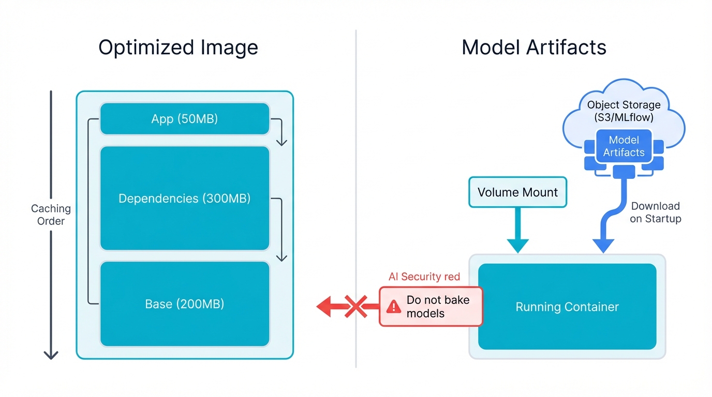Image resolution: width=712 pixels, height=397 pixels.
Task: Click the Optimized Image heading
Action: pos(178,48)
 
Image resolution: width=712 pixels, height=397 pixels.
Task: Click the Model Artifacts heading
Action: pos(533,48)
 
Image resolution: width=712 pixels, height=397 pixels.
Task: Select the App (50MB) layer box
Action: pos(184,119)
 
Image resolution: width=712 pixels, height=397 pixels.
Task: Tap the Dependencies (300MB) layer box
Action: pos(184,198)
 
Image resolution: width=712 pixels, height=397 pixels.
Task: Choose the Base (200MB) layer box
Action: pos(184,304)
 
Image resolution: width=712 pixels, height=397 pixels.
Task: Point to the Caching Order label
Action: pos(51,215)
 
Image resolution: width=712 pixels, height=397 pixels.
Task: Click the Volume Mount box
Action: pos(517,192)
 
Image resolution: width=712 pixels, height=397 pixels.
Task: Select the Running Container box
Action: pos(567,307)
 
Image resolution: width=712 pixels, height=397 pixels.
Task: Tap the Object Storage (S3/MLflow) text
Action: pos(624,111)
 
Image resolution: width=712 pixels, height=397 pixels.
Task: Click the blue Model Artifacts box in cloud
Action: pos(624,146)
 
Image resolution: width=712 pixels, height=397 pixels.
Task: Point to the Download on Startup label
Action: pos(655,212)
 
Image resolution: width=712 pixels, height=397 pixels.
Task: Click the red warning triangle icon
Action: pos(394,307)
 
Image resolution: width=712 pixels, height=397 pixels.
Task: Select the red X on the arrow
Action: pos(356,307)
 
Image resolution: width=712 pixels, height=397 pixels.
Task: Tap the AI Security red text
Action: pos(424,277)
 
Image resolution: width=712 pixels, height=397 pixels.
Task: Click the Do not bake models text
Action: pos(438,307)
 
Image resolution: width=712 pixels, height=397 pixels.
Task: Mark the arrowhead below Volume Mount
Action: pos(517,246)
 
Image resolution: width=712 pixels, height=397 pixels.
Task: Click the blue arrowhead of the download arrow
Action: pos(603,246)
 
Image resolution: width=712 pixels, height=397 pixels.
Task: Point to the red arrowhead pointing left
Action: pos(325,307)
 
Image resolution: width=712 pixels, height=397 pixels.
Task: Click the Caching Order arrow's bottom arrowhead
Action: pos(51,355)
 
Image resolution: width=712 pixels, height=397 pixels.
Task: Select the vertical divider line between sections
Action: pos(356,155)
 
